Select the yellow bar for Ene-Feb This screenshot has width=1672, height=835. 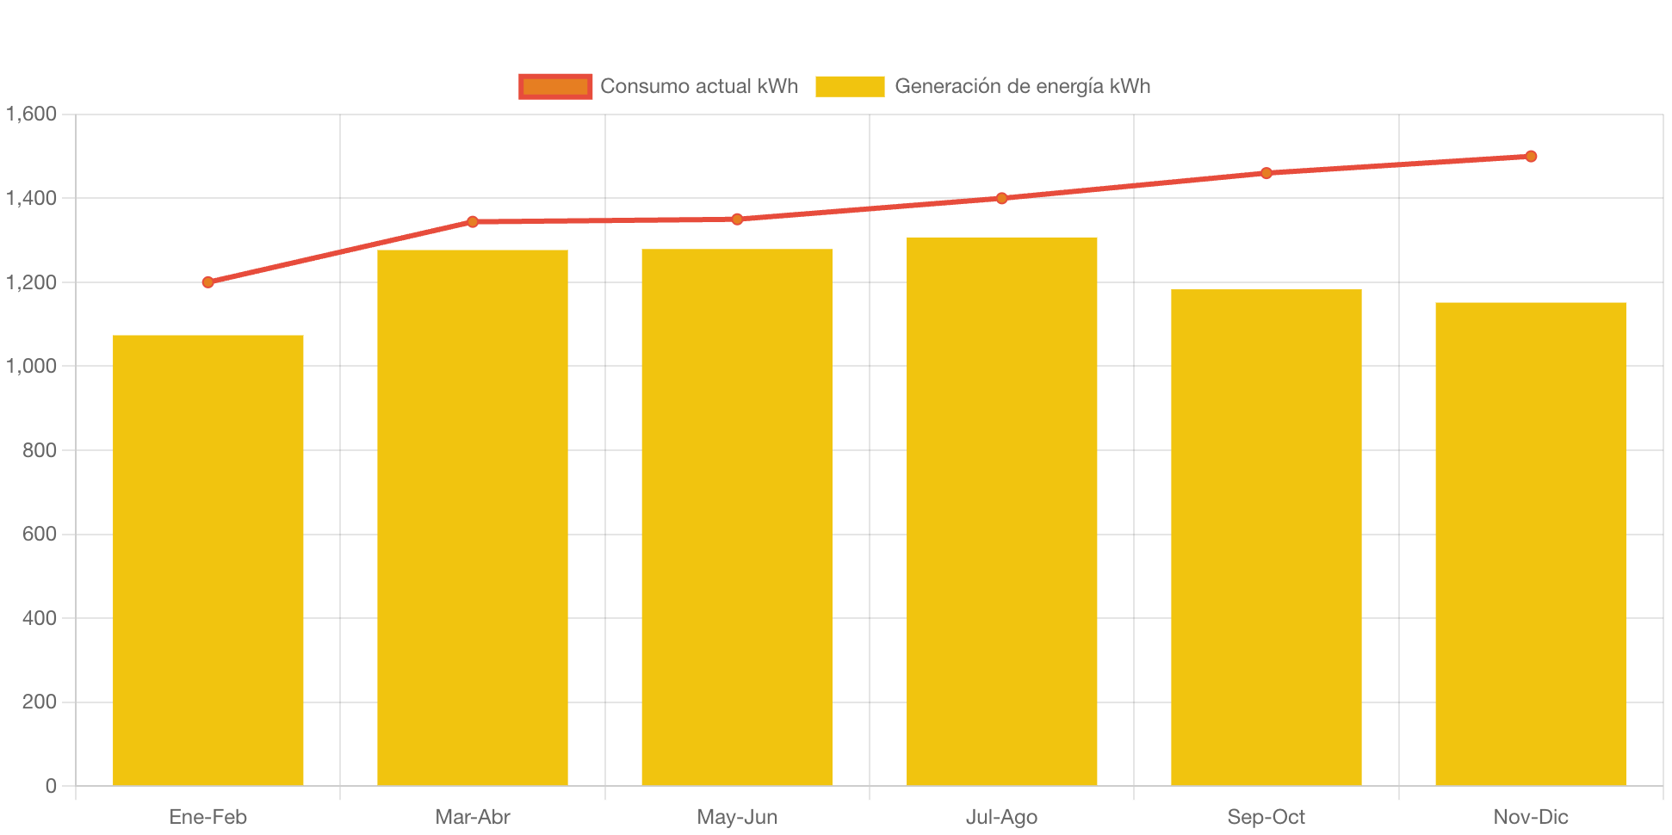(x=208, y=560)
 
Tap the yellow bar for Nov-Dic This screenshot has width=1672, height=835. (x=1530, y=543)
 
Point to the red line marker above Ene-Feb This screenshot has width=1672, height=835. (x=208, y=282)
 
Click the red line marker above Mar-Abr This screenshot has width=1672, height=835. (x=473, y=222)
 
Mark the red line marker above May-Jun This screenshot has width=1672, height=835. (x=737, y=220)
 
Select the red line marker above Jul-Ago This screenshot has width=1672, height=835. (x=1001, y=198)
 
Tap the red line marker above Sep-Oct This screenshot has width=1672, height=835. (x=1266, y=173)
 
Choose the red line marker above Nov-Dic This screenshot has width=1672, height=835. (x=1530, y=157)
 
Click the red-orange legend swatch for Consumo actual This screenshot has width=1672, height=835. (x=555, y=86)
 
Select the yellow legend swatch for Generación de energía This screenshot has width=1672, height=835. (x=850, y=86)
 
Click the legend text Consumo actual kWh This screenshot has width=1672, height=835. (x=699, y=86)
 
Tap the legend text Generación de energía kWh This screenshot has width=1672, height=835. (x=1022, y=86)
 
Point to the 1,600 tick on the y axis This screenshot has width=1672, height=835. (x=31, y=114)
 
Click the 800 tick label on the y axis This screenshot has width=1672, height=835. (x=40, y=450)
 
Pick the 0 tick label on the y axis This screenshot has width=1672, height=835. (x=51, y=786)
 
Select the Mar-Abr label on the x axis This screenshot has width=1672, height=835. (x=473, y=817)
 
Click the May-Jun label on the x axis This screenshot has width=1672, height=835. (x=737, y=817)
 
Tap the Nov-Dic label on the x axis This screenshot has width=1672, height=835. (x=1530, y=817)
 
